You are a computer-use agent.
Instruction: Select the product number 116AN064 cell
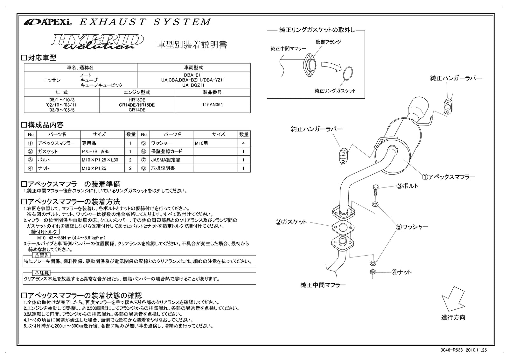click(212, 104)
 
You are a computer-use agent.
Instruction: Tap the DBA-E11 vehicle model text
click(193, 75)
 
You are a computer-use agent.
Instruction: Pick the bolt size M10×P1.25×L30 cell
click(100, 160)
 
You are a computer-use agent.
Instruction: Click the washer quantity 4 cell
click(243, 143)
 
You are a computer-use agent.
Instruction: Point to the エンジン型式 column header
click(137, 92)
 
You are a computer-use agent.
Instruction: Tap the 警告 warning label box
click(41, 255)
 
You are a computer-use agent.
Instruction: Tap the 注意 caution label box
click(41, 273)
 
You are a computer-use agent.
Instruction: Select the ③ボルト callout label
click(407, 186)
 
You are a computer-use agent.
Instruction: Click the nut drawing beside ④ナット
click(373, 272)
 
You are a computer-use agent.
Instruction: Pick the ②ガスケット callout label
click(291, 222)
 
